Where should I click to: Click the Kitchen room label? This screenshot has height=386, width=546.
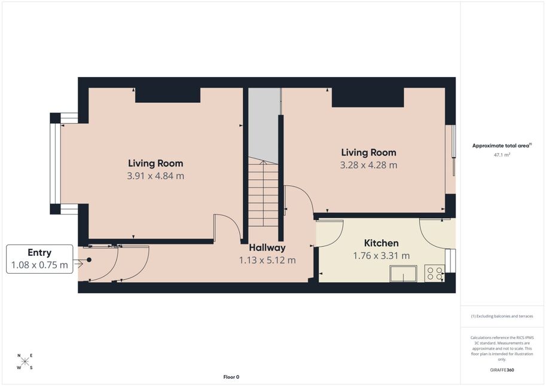point(382,243)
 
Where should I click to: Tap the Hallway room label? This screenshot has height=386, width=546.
point(267,248)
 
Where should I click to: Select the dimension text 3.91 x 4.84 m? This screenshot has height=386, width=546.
point(155,176)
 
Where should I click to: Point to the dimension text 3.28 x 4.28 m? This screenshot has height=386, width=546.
point(368,165)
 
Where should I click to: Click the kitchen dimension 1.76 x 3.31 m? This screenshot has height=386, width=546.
point(382,256)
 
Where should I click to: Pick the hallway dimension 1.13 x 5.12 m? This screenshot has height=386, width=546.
point(267,261)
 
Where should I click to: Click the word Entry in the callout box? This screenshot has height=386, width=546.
point(39,253)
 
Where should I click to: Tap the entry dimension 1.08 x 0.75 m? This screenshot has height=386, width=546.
point(39,265)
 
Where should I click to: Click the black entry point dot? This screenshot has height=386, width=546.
point(89,260)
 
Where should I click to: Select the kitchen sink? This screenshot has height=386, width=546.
point(403,274)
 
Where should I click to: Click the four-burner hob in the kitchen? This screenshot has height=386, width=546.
point(435,273)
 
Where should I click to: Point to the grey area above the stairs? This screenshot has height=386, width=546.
point(264,125)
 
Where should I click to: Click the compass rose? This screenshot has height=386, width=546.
point(25,362)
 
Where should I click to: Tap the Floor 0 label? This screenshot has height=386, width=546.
point(231,377)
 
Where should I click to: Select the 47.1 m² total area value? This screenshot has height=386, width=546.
point(502,155)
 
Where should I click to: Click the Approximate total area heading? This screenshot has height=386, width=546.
point(502,146)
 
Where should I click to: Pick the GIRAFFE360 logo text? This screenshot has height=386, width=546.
point(502,370)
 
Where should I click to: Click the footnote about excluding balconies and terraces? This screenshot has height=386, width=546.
point(502,316)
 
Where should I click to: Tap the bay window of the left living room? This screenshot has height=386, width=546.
point(56,164)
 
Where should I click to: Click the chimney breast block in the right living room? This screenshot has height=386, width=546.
point(368,97)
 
